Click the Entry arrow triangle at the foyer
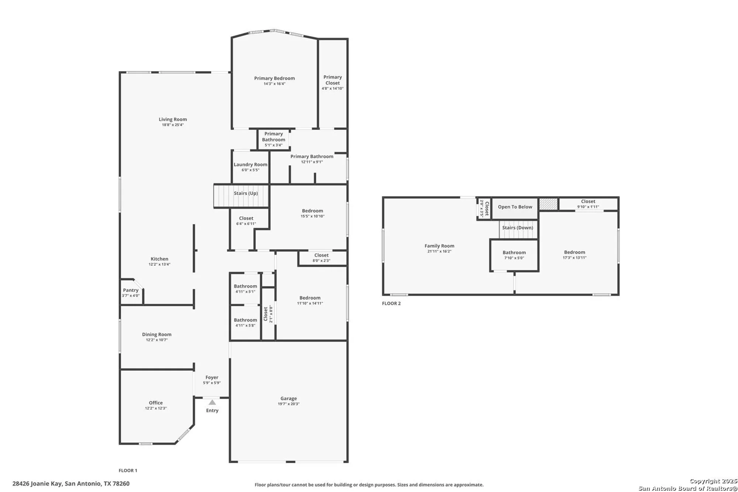212,402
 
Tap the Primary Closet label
332,80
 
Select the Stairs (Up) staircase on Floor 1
241,196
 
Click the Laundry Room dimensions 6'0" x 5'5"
250,170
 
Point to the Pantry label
131,290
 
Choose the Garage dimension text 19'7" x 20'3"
289,404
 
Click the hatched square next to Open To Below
548,204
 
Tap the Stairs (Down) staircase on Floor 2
518,229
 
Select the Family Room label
439,246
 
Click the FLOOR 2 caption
391,303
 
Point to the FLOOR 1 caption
128,470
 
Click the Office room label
156,403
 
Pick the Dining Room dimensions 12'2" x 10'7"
156,340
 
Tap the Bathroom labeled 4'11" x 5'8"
245,322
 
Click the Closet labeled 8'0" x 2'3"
321,258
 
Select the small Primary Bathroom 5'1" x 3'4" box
273,139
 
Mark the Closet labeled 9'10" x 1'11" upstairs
588,204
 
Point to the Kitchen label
159,259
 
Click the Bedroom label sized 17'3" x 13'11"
574,252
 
